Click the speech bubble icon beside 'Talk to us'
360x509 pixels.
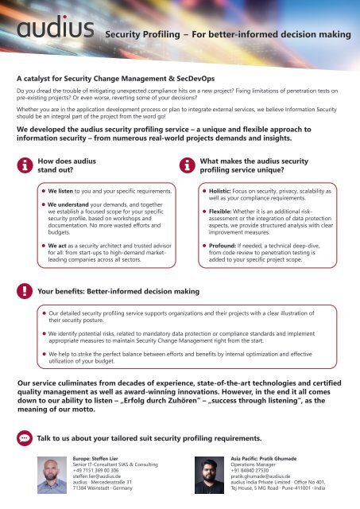(25, 439)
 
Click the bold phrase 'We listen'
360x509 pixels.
(61, 192)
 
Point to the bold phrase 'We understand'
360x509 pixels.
(68, 204)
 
